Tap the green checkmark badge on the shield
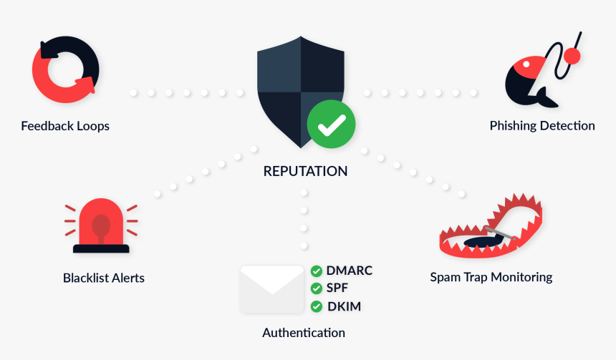pos(331,124)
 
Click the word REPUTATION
pos(305,171)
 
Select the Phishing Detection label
pos(542,126)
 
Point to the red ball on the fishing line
pos(572,56)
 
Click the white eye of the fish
pos(526,64)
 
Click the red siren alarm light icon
pos(101,225)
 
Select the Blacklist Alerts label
pos(104,278)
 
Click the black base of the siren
pos(101,248)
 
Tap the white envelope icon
pos(272,289)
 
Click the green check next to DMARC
pos(317,271)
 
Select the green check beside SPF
pos(317,288)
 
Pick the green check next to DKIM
pos(317,306)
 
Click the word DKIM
pos(344,306)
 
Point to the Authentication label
pos(304,333)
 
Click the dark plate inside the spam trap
pos(484,241)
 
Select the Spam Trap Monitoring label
pos(491,278)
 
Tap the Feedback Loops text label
pos(65,126)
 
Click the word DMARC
pos(350,271)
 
